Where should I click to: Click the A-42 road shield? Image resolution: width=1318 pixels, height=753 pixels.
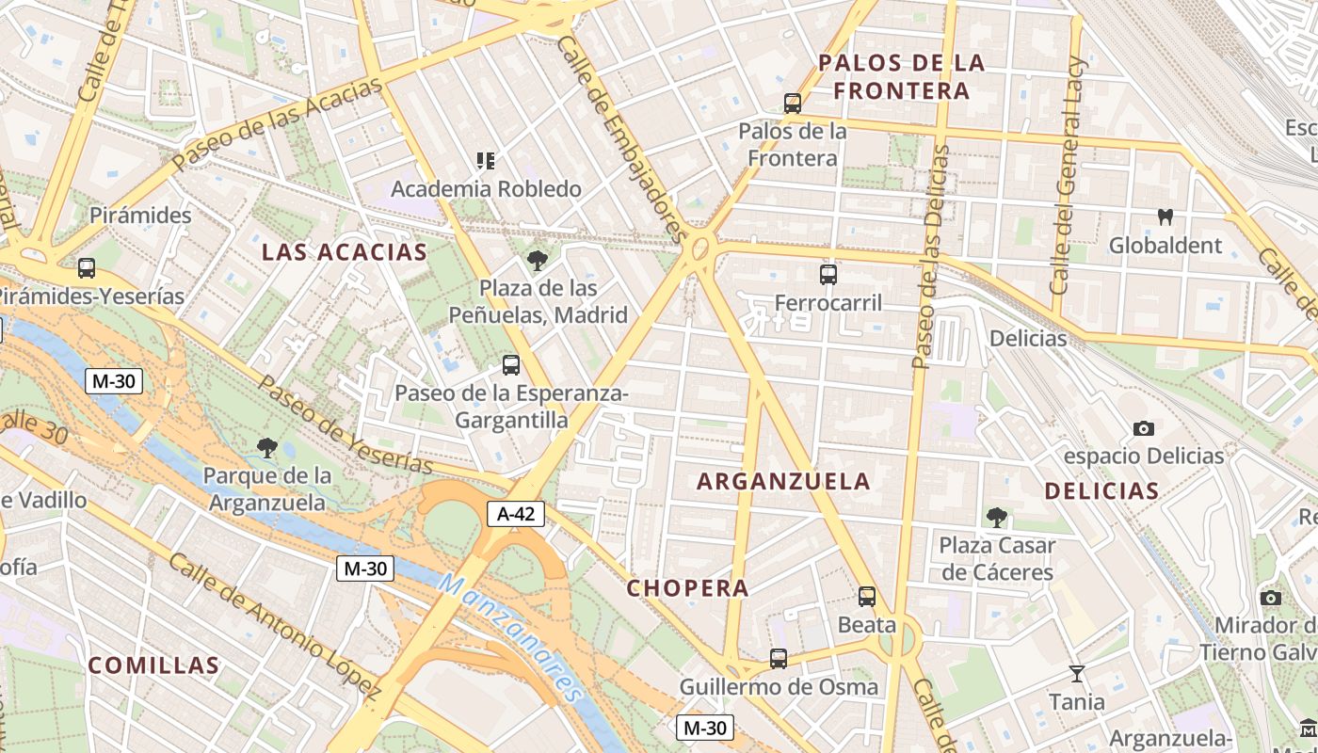[x=516, y=514]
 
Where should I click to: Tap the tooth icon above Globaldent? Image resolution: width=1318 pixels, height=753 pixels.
[x=1165, y=217]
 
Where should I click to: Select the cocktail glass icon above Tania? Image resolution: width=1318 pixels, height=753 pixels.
[x=1076, y=673]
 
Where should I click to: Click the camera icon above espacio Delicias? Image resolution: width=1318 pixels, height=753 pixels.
[x=1143, y=429]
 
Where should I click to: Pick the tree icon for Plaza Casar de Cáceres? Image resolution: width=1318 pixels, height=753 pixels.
[x=996, y=517]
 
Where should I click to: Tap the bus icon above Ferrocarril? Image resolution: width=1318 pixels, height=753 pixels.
[x=828, y=275]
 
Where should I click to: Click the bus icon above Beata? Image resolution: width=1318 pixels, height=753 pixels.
[x=866, y=597]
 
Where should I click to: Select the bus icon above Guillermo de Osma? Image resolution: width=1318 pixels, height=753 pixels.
[x=779, y=659]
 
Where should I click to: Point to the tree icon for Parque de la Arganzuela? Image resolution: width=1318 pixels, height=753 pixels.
[x=267, y=448]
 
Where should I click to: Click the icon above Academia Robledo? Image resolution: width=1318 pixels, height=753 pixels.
[x=486, y=161]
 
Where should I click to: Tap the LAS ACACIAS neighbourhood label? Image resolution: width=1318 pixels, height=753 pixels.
[x=345, y=252]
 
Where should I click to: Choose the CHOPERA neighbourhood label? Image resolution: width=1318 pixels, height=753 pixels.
[x=688, y=588]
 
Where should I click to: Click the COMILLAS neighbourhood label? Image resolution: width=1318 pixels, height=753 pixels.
[x=153, y=665]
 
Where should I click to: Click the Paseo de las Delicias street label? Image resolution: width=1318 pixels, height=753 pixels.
[x=932, y=256]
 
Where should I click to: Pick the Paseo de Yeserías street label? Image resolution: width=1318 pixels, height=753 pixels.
[x=346, y=426]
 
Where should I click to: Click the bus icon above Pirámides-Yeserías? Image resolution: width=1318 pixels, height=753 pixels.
[x=87, y=268]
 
